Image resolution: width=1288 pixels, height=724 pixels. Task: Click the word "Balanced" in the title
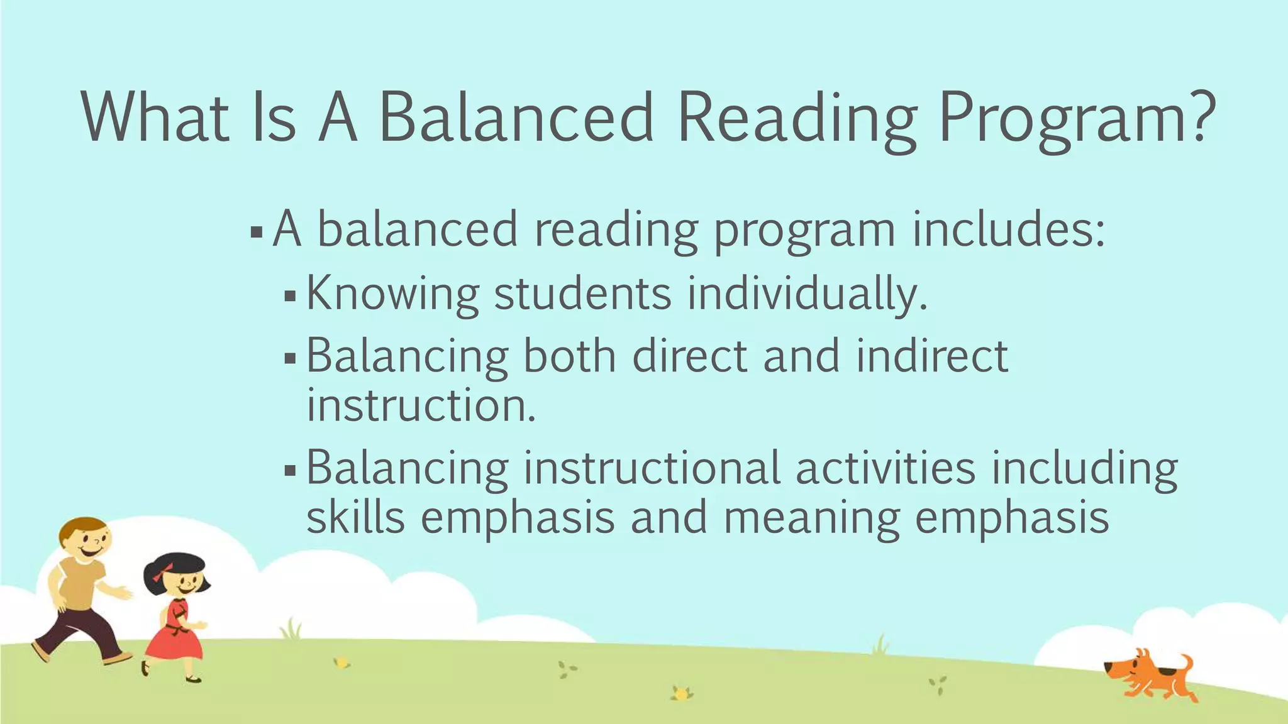tap(517, 118)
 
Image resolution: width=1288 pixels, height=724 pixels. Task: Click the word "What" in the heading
tap(155, 118)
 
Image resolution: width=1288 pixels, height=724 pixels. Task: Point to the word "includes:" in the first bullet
tap(1008, 229)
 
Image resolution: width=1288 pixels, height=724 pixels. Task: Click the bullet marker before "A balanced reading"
tap(256, 233)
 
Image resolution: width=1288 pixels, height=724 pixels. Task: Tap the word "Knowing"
tap(392, 293)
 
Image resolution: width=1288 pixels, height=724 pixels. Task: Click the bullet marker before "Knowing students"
tap(289, 295)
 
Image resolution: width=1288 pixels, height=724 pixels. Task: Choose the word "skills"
tap(355, 517)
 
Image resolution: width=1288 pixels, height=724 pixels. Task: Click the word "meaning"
tap(811, 518)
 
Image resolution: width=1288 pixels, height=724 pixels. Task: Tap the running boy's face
tap(88, 542)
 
